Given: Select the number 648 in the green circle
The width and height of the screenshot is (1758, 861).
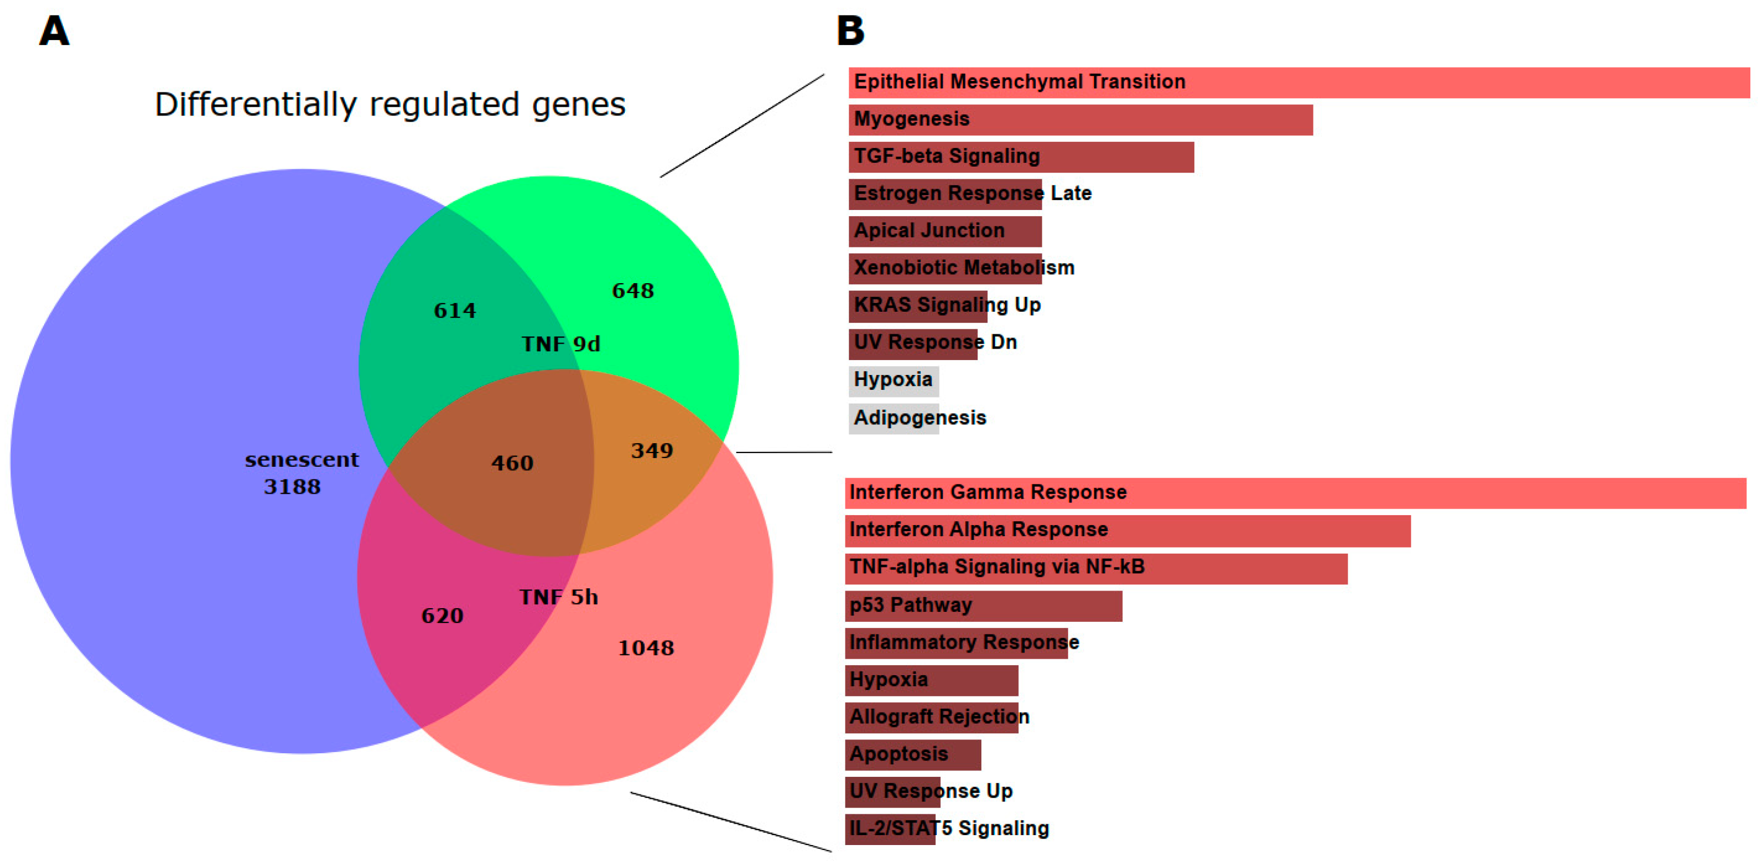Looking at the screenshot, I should (633, 291).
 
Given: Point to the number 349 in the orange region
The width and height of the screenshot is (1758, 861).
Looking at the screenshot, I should (652, 451).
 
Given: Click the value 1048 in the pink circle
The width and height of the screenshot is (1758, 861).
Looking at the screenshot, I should (646, 648).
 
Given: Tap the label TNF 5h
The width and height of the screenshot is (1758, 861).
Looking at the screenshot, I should (558, 598).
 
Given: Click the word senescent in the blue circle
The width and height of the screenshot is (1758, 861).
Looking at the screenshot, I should (301, 460).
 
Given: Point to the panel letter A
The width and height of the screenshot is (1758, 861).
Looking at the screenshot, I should (54, 31).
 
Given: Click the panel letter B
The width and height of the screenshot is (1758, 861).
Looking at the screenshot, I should (850, 31).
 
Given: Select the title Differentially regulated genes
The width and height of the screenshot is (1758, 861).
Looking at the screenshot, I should (389, 104).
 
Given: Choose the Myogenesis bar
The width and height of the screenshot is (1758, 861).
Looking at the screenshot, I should (1080, 120).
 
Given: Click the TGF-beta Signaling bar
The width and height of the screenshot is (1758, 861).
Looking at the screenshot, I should (1020, 157).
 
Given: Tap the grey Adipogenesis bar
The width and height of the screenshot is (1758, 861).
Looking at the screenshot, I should (893, 418).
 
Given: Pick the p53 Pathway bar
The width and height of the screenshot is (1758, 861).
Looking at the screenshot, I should (983, 606).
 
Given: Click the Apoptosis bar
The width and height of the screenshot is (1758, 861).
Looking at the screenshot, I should (913, 754).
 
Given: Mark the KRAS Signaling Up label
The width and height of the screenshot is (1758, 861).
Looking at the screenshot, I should (947, 306).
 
